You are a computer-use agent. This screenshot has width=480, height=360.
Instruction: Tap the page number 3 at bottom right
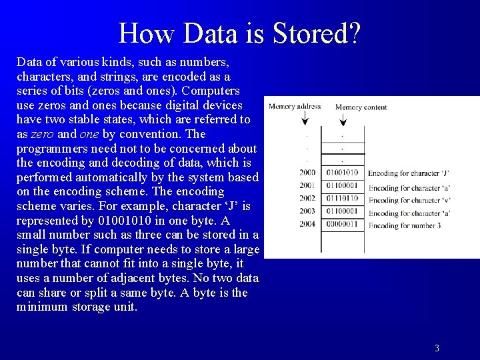tap(437, 348)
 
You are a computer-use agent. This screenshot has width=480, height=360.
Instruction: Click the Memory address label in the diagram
tap(295, 106)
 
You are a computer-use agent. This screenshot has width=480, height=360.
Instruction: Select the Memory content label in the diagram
tap(361, 107)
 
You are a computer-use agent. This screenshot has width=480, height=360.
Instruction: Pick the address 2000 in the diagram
tap(307, 173)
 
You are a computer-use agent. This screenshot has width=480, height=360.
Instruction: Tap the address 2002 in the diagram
tap(307, 199)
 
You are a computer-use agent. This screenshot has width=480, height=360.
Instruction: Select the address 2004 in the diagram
tap(307, 224)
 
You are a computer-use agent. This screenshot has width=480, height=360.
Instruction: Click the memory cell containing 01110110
tap(342, 199)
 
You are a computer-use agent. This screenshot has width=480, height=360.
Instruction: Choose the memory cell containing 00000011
tap(342, 224)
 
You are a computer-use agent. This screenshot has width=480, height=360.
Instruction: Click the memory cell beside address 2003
tap(342, 211)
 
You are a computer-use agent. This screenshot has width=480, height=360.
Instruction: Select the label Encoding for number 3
tap(405, 225)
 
